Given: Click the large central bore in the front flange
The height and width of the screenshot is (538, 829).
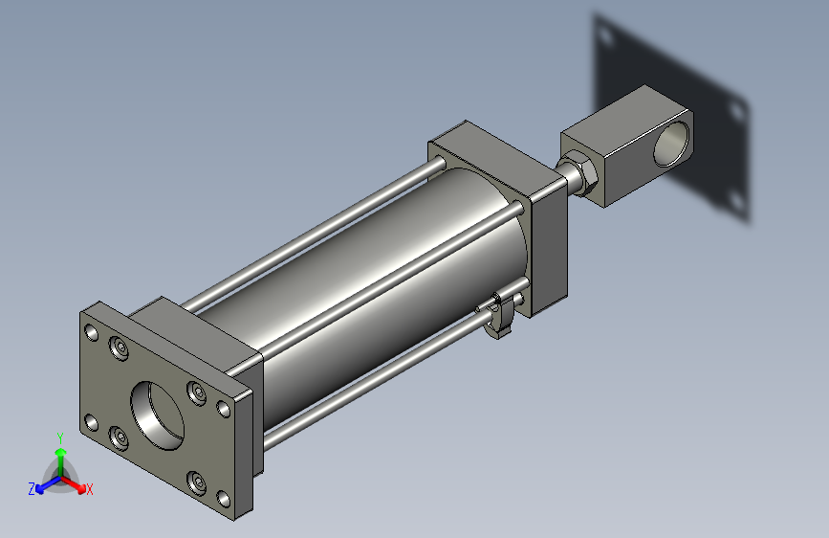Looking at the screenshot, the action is pyautogui.click(x=158, y=415).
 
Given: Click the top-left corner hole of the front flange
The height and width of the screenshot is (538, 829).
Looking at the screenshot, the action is pyautogui.click(x=92, y=332).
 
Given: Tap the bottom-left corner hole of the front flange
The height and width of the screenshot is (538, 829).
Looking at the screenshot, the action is pyautogui.click(x=92, y=423).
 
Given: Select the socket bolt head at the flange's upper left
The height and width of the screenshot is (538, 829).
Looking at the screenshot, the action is pyautogui.click(x=120, y=347).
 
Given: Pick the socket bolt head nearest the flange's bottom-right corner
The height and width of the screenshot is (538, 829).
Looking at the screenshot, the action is pyautogui.click(x=197, y=482).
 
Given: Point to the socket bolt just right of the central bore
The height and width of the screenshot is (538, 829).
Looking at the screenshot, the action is pyautogui.click(x=197, y=393).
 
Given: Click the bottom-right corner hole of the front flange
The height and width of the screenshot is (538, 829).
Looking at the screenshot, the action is pyautogui.click(x=224, y=499).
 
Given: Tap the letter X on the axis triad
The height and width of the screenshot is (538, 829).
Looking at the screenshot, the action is pyautogui.click(x=89, y=489).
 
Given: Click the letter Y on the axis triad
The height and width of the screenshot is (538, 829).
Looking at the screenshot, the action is pyautogui.click(x=60, y=437).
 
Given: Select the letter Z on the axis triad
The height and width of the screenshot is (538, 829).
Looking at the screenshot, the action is pyautogui.click(x=32, y=489).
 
